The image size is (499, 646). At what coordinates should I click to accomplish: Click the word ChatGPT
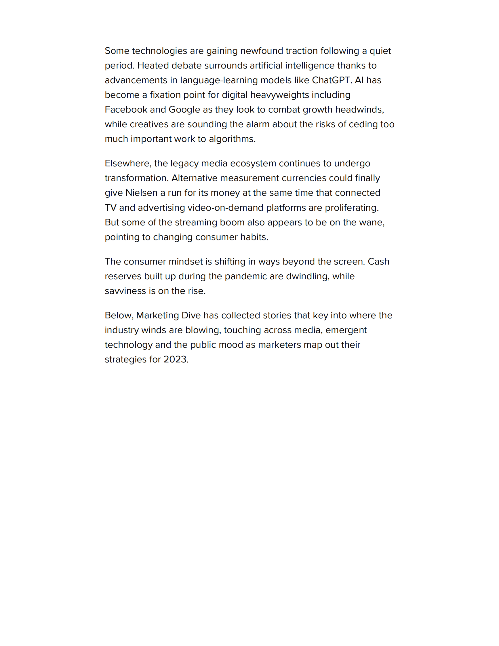331,80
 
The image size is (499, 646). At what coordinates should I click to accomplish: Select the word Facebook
126,109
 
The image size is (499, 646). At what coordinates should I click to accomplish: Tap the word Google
184,110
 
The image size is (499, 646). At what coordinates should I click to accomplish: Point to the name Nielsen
141,193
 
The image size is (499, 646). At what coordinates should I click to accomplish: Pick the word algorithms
232,139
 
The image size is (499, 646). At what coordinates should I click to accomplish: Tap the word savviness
125,291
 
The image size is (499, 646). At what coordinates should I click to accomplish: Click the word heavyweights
280,95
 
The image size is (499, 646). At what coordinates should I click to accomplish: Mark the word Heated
153,66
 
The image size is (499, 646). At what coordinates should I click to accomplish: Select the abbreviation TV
110,208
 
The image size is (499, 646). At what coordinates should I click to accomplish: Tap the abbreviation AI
359,80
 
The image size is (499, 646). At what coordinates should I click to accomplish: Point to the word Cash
378,261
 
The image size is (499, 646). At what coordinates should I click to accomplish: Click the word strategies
125,359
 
